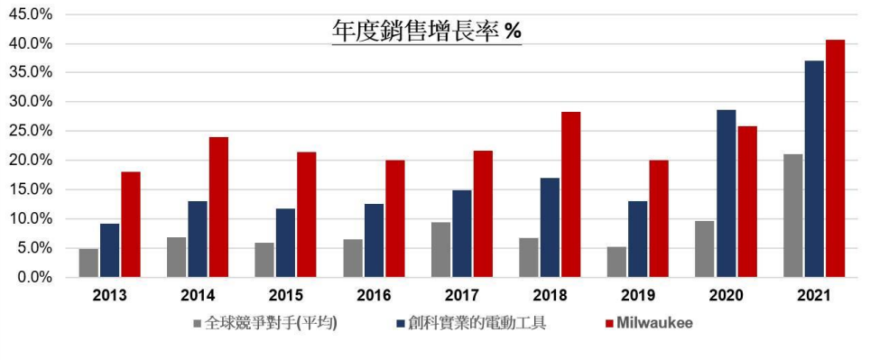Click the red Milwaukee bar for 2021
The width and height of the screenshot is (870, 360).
(x=835, y=159)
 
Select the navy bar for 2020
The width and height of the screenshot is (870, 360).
(x=726, y=194)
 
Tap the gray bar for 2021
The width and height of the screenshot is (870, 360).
(x=792, y=216)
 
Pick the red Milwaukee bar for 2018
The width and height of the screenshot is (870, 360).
(x=570, y=195)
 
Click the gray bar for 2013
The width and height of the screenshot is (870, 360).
(x=88, y=263)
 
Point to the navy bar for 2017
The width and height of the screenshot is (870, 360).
(x=461, y=234)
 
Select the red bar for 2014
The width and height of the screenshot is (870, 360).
(x=218, y=208)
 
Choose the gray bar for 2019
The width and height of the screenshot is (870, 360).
(x=616, y=262)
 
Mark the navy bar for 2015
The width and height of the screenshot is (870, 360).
(x=285, y=243)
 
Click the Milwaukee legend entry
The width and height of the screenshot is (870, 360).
(x=655, y=322)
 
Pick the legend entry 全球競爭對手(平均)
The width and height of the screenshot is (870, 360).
(x=270, y=322)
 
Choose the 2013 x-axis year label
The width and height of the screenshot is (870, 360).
(x=110, y=296)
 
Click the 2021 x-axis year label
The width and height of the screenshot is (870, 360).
(x=814, y=296)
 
